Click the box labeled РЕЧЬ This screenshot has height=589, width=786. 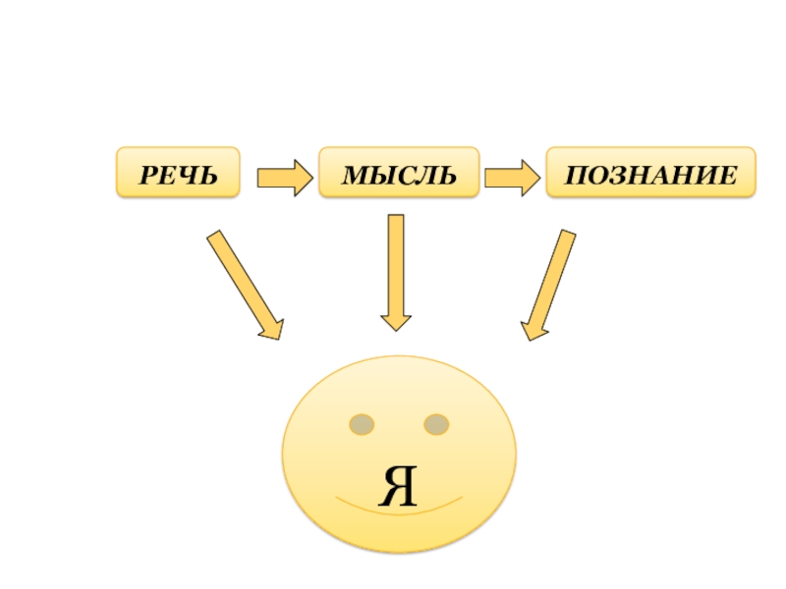[x=179, y=173]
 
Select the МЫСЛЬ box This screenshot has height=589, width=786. [x=399, y=173]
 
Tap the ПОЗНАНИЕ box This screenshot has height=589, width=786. [x=651, y=173]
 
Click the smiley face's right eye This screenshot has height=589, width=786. [x=436, y=424]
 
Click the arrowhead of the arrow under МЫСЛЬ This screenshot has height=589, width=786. [x=396, y=319]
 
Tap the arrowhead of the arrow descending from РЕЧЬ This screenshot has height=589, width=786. [x=271, y=328]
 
